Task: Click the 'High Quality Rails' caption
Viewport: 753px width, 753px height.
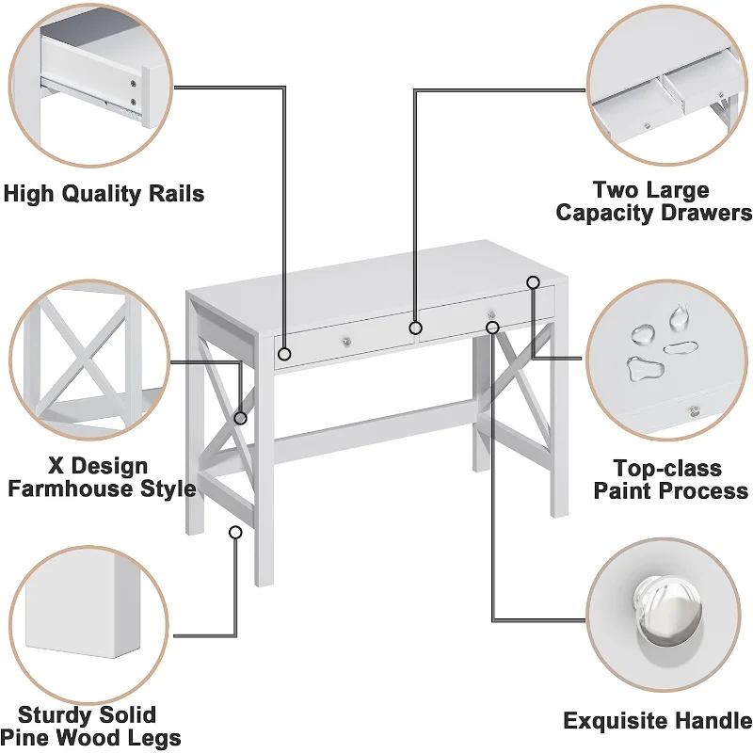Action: pos(104,195)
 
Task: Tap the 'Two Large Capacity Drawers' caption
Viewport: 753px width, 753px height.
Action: pos(652,201)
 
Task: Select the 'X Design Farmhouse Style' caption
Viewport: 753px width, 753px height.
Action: pos(98,477)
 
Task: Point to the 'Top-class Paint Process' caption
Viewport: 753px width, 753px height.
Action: pos(668,479)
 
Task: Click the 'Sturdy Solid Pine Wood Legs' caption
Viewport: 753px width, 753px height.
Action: pos(88,726)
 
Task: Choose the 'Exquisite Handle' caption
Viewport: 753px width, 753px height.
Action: pos(657,722)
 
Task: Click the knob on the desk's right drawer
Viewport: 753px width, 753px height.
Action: pos(489,312)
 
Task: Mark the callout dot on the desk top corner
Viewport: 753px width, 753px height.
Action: pos(533,281)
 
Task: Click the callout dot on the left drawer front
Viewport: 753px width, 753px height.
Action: pos(284,355)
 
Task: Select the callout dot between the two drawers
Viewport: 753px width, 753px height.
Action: pos(414,328)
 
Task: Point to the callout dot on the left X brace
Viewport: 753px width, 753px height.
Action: pos(241,417)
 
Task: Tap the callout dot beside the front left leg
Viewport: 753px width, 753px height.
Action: pos(235,532)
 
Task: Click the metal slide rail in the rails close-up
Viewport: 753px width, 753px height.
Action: pos(118,95)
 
